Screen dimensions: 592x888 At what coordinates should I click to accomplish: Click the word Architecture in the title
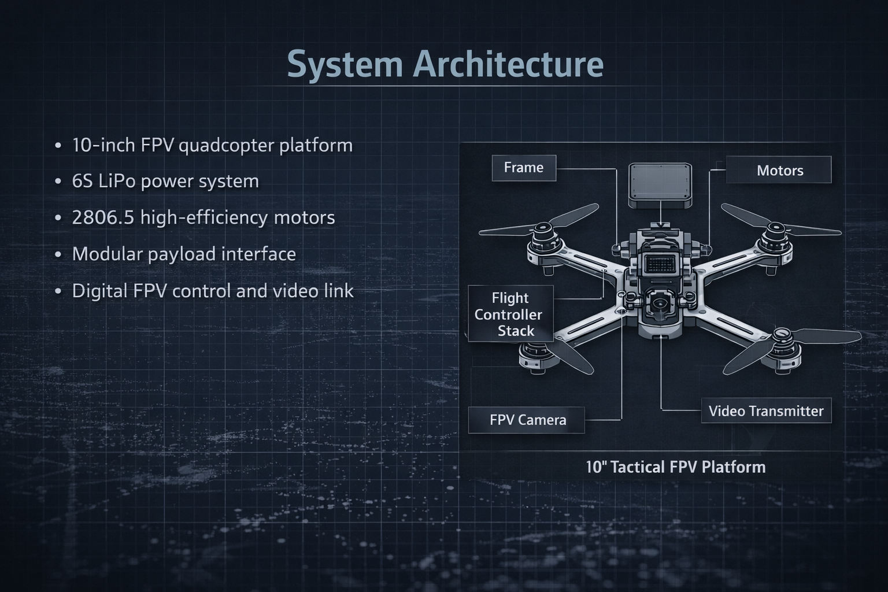coord(509,64)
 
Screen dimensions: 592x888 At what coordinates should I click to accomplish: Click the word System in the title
coord(345,65)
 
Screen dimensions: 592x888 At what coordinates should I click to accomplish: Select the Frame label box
coord(524,168)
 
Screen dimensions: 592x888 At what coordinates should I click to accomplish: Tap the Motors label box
coord(779,171)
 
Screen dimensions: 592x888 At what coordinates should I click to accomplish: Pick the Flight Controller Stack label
coord(509,314)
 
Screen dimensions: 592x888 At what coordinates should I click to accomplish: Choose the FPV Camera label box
coord(527,420)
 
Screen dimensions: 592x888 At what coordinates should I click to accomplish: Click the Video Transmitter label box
coord(766,411)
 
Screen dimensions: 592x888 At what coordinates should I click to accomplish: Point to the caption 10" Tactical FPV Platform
coord(675,467)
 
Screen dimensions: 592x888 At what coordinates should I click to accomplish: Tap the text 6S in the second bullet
coord(82,182)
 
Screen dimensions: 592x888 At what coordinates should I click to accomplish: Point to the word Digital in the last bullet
coord(99,291)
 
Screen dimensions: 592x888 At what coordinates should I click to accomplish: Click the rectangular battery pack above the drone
coord(660,185)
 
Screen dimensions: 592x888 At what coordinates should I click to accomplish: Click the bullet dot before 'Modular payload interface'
coord(58,255)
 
